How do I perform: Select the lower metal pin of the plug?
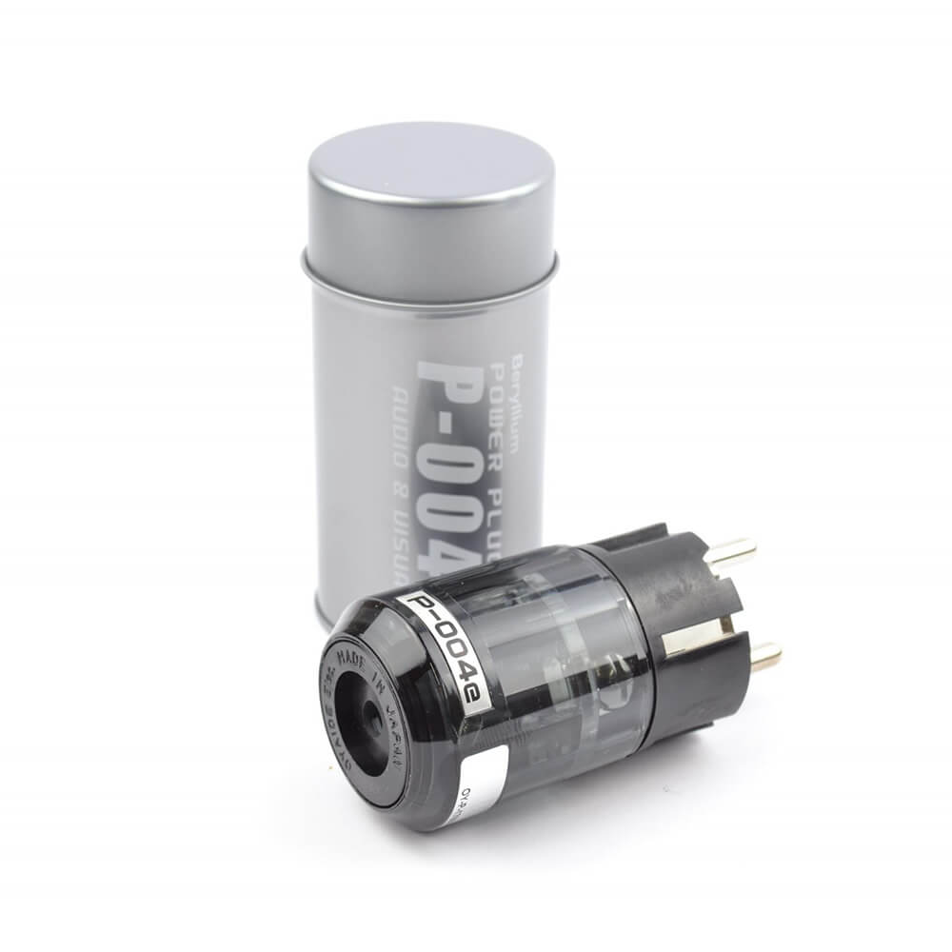(x=763, y=656)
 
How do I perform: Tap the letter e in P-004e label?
(x=477, y=701)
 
